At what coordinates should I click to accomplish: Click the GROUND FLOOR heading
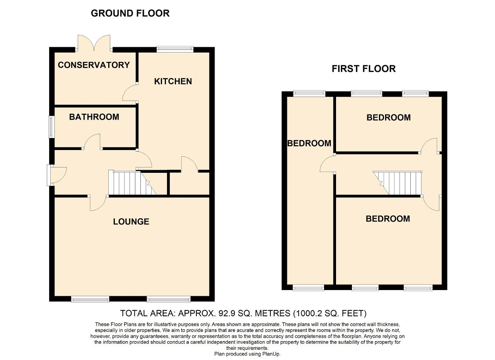pos(130,13)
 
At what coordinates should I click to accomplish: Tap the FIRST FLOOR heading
pos(364,69)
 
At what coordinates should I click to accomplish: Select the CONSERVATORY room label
pos(94,65)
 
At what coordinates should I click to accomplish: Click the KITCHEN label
pos(173,81)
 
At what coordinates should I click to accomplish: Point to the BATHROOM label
pos(94,117)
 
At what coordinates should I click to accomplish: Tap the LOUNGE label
pos(131,222)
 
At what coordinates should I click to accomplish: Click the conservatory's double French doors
pos(94,43)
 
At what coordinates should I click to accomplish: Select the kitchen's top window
pos(175,49)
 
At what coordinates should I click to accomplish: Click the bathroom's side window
pos(51,127)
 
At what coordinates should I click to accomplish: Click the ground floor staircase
pos(132,183)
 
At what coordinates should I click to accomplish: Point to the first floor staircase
pos(397,183)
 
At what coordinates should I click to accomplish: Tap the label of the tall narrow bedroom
pos(309,143)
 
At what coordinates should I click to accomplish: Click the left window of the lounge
pos(90,300)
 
